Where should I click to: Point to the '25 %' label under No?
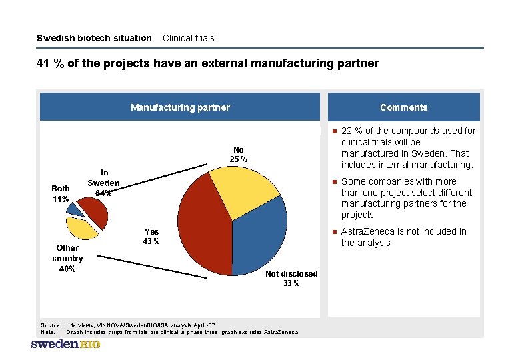click(x=238, y=159)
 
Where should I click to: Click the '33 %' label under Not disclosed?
click(x=291, y=283)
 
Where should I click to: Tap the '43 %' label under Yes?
click(x=151, y=241)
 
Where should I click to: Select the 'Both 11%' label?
click(x=61, y=193)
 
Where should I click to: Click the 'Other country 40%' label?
click(x=67, y=258)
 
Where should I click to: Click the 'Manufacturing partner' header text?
click(x=180, y=107)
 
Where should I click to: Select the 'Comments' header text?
click(x=403, y=107)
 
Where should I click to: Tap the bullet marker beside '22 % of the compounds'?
click(x=334, y=131)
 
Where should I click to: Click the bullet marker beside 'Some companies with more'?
click(x=334, y=182)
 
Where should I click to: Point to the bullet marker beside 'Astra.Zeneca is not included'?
click(x=334, y=232)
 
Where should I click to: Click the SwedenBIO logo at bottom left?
click(x=65, y=344)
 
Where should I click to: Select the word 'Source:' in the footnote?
click(x=51, y=325)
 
